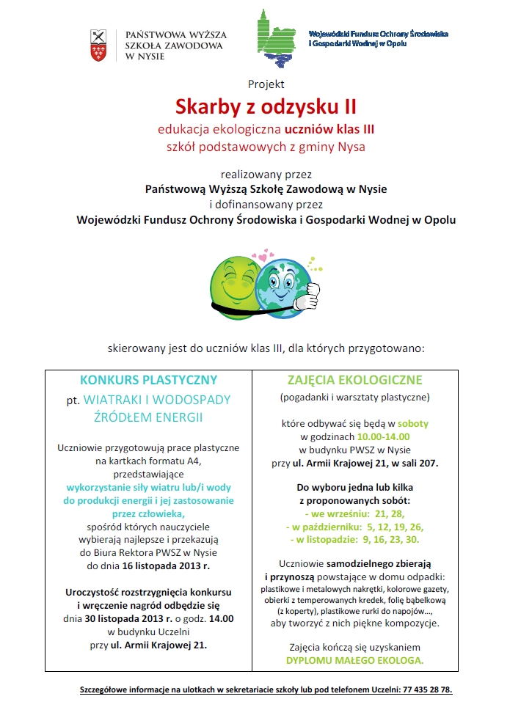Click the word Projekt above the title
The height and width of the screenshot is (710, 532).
(x=266, y=84)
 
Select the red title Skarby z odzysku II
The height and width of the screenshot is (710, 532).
(x=266, y=107)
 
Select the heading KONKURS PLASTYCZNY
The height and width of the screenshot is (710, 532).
(x=149, y=380)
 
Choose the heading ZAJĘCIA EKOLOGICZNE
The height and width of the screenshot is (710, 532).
(x=354, y=380)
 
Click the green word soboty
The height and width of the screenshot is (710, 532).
(x=414, y=423)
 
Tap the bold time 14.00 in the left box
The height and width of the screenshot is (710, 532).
(x=220, y=618)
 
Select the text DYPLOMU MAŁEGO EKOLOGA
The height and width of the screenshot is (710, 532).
(x=354, y=661)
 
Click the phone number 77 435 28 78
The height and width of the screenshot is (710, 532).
(x=427, y=690)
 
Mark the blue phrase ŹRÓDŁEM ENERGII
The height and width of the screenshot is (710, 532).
(x=148, y=417)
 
